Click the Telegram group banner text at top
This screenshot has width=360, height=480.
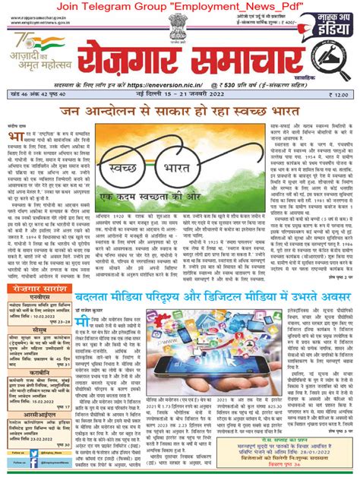point(180,7)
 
